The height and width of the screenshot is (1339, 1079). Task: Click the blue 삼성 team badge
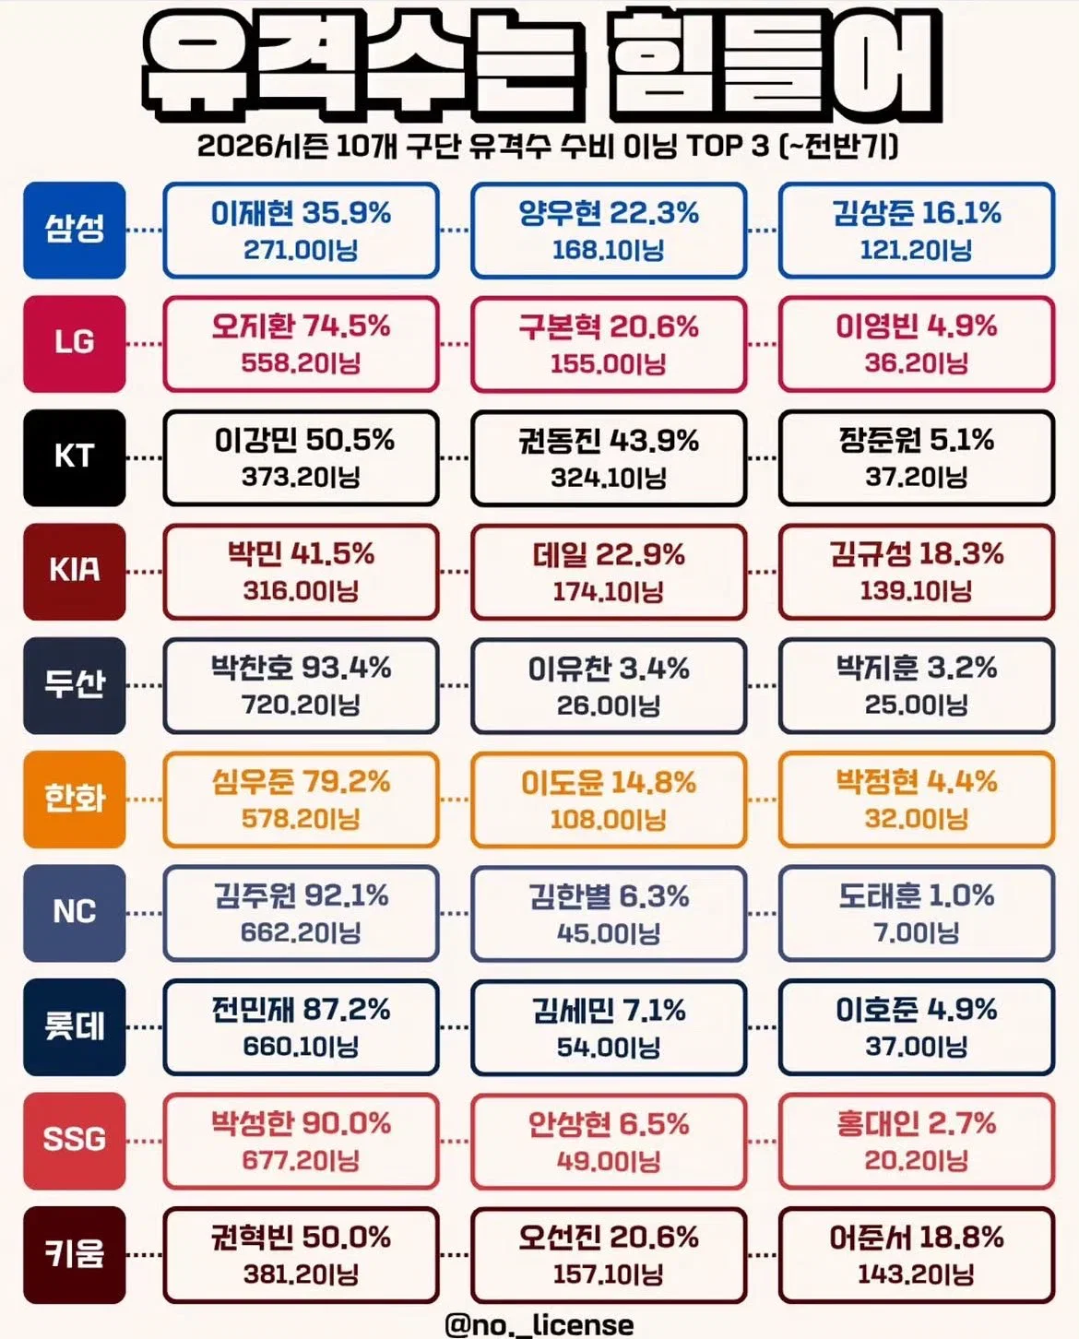pos(75,230)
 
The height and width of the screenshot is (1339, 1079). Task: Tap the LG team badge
pos(75,343)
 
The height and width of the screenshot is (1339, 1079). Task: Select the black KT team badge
pos(75,457)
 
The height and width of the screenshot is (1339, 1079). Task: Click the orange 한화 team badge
pos(75,799)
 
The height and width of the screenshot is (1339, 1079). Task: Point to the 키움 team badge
pos(75,1254)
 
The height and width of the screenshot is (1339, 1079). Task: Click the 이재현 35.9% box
pos(302,231)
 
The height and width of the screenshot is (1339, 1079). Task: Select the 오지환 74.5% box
pos(302,344)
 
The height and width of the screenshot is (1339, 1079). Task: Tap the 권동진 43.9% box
pos(609,458)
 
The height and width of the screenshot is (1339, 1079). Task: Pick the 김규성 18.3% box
pos(917,572)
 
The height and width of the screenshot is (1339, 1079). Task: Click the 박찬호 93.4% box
pos(302,686)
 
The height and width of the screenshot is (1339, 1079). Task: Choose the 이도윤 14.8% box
pos(609,800)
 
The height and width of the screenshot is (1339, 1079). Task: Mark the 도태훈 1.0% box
pos(917,913)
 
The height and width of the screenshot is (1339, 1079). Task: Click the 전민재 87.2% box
pos(302,1027)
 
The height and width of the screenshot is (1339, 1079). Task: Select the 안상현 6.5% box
pos(609,1141)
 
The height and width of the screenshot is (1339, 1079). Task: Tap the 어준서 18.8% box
pos(917,1255)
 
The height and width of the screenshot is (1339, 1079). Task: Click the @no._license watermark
pos(539,1324)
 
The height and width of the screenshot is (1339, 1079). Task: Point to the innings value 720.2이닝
pos(302,705)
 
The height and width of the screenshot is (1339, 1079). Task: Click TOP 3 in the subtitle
pos(729,147)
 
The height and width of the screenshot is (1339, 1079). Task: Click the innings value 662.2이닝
pos(302,932)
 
